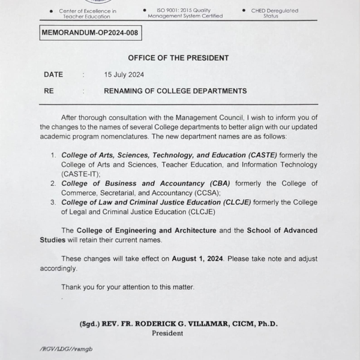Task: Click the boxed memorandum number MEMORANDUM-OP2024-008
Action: pos(91,34)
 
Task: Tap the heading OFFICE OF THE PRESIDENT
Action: pos(178,58)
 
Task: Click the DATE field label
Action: pos(53,75)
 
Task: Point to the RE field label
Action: pos(49,91)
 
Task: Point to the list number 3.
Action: pos(53,202)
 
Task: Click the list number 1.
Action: pos(53,154)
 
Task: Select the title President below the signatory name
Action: pos(167,333)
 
